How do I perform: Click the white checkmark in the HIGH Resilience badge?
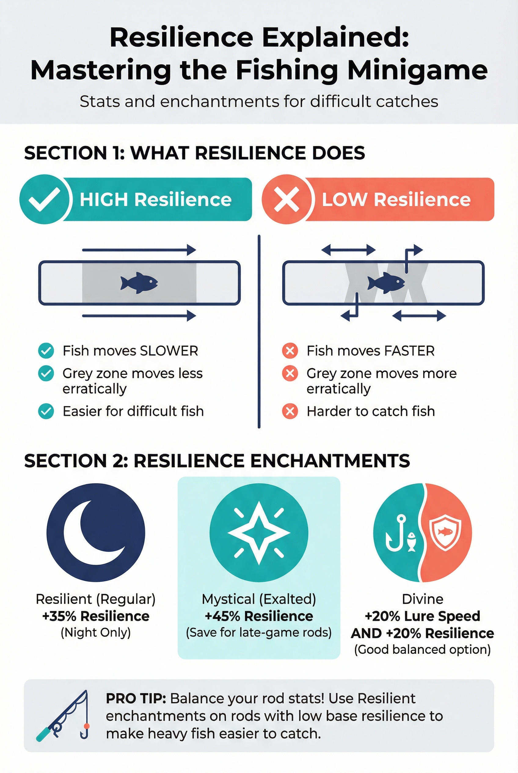tap(44, 199)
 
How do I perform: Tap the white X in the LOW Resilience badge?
tap(286, 199)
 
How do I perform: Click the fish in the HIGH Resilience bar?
tap(139, 283)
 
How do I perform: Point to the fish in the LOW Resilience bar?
tap(386, 283)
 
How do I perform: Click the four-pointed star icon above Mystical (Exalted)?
tap(259, 533)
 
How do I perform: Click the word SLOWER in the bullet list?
tap(169, 351)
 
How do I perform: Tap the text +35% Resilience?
tap(96, 616)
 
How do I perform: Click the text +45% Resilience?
tap(259, 616)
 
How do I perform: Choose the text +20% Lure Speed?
tap(422, 616)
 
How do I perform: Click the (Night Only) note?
tap(96, 632)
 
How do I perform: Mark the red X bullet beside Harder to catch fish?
tap(290, 411)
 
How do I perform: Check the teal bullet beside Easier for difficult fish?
tap(46, 411)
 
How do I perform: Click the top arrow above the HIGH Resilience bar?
tap(139, 250)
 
